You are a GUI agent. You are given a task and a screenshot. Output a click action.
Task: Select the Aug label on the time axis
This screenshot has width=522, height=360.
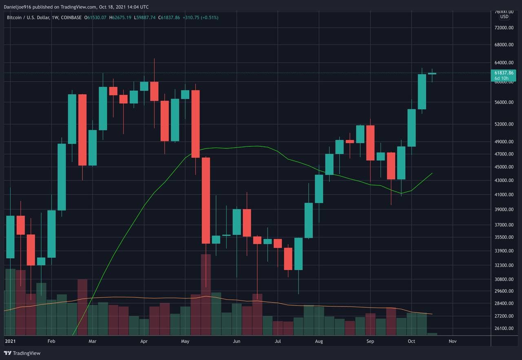[x=319, y=341]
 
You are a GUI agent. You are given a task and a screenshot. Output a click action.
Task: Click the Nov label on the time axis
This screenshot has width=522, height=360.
[x=452, y=341]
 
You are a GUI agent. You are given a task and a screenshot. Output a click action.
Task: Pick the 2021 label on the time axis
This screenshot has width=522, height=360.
[x=10, y=341]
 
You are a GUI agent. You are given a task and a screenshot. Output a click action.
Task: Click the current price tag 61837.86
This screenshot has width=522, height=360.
[x=504, y=73]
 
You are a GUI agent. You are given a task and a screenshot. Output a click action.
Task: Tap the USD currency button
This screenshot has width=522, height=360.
[x=504, y=17]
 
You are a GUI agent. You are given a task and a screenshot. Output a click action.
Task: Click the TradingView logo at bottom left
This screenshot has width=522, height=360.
[x=22, y=353]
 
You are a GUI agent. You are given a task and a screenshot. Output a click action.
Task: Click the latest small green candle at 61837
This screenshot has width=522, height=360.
[x=432, y=73]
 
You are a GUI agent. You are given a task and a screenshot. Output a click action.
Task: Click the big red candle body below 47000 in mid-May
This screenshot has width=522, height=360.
[x=206, y=200]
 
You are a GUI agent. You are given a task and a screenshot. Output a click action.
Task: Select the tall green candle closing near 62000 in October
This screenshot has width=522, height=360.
[x=422, y=92]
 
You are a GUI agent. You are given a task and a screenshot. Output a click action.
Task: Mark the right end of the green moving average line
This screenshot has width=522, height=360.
[x=432, y=173]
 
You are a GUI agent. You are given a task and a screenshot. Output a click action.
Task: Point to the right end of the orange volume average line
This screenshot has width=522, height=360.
[x=432, y=314]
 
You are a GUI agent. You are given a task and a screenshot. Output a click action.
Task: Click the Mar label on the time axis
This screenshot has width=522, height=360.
[x=93, y=341]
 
